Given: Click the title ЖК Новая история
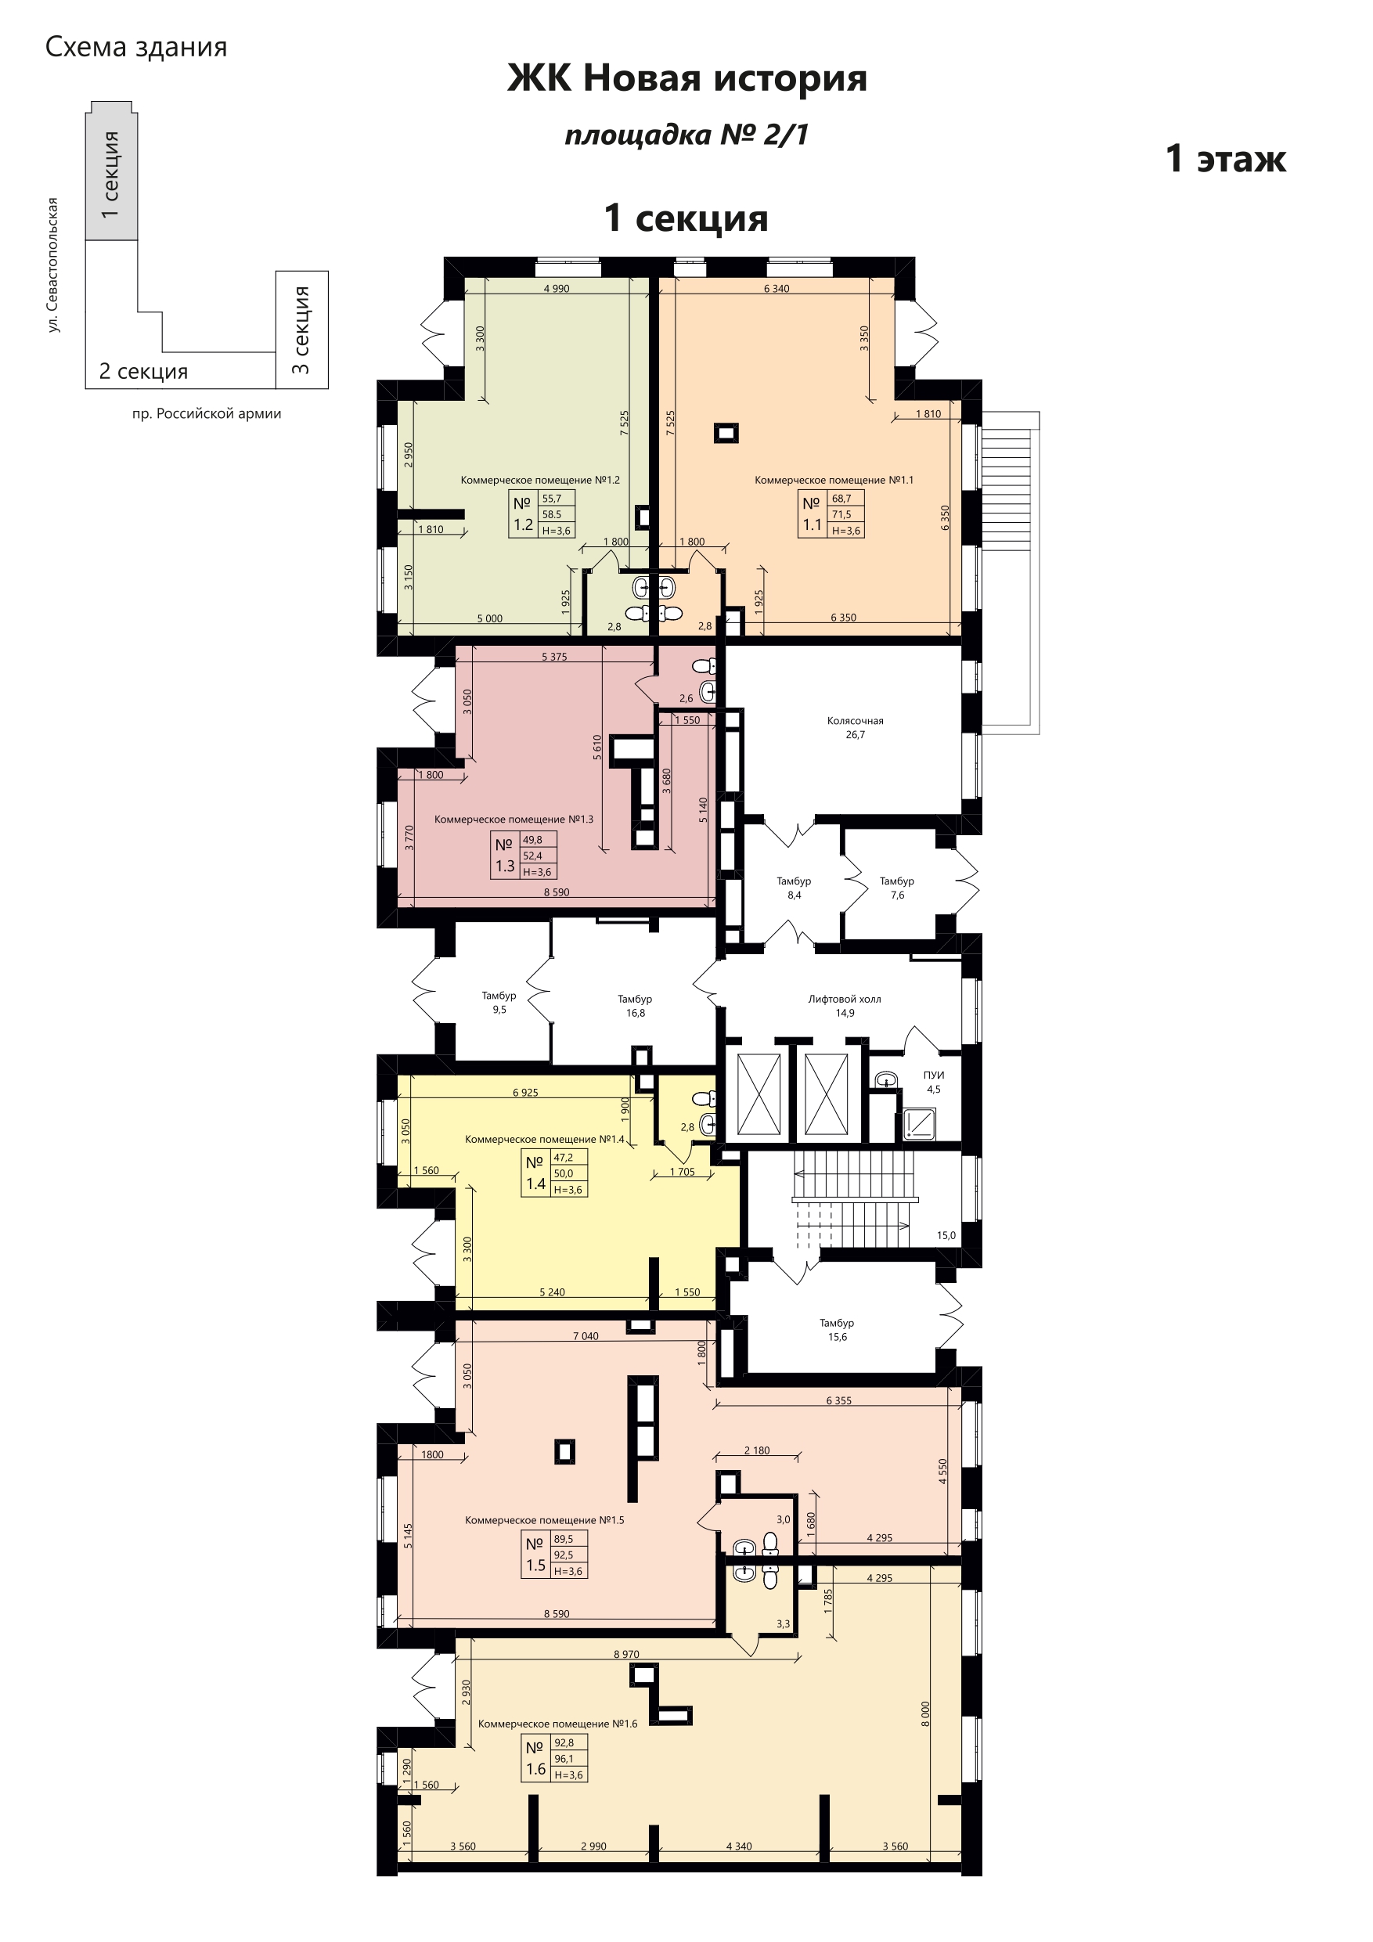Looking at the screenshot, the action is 687,78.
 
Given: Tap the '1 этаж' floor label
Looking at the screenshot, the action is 1226,158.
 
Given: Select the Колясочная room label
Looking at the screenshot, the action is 856,727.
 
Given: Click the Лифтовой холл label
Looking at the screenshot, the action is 845,1006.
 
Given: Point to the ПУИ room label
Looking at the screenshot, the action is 934,1082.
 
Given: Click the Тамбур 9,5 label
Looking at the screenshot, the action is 499,1002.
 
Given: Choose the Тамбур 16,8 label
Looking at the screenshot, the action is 635,1006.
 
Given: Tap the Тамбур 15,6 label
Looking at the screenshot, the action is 837,1330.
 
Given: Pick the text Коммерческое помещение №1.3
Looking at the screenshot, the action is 514,819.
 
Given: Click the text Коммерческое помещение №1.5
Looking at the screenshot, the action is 545,1520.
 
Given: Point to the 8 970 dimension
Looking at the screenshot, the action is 626,1655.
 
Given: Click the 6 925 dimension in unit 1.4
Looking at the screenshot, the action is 525,1092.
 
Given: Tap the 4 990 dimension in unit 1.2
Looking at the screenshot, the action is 556,288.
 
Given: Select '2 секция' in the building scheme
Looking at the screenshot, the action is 143,371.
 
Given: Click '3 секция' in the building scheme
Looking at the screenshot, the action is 301,330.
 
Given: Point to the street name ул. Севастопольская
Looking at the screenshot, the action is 53,265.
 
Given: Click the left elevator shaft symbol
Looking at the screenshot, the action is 759,1094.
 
